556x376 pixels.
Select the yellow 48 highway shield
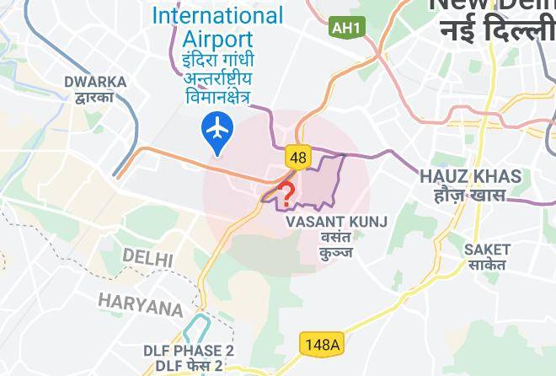point(297,157)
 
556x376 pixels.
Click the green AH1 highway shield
point(346,28)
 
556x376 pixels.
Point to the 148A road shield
point(321,344)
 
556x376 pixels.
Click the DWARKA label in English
point(95,83)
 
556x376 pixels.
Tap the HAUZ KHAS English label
point(470,177)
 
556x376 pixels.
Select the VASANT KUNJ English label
point(336,222)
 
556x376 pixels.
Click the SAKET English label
point(487,249)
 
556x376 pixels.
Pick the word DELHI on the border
point(147,257)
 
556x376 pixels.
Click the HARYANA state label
point(140,304)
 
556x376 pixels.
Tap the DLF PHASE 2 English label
point(189,351)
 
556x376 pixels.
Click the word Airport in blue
point(217,39)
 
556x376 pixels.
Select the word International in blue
point(217,15)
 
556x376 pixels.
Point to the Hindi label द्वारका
point(94,98)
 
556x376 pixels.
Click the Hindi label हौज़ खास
point(470,196)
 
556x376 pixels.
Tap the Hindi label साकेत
point(487,265)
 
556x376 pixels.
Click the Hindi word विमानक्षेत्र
point(217,97)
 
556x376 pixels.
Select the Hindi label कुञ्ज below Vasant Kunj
point(336,252)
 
